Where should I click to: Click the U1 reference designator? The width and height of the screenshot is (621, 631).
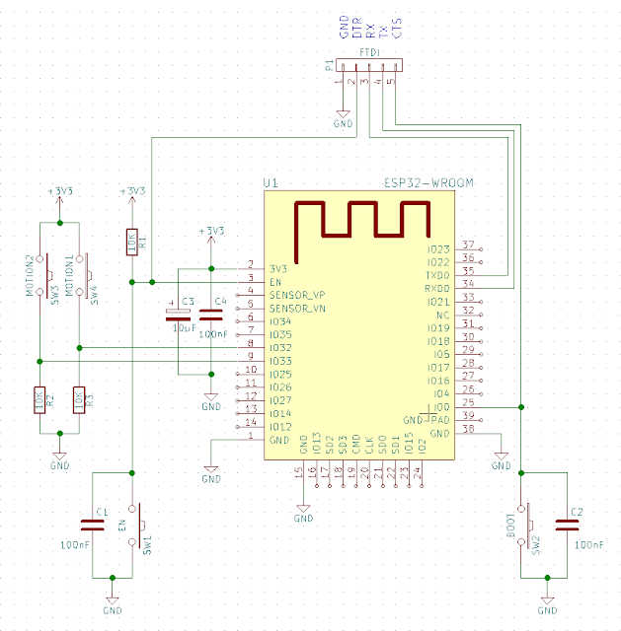pyautogui.click(x=272, y=183)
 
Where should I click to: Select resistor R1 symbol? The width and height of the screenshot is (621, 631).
pyautogui.click(x=131, y=242)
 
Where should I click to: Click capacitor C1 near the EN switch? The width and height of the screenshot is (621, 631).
pyautogui.click(x=94, y=523)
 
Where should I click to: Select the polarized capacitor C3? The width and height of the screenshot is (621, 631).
pyautogui.click(x=177, y=315)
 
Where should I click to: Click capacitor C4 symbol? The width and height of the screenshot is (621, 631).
pyautogui.click(x=210, y=315)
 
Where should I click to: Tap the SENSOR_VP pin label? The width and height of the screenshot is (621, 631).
pyautogui.click(x=296, y=295)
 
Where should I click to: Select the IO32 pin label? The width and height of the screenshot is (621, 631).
pyautogui.click(x=281, y=347)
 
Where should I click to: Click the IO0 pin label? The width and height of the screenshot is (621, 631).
pyautogui.click(x=440, y=406)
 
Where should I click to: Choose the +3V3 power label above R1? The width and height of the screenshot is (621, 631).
pyautogui.click(x=131, y=191)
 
